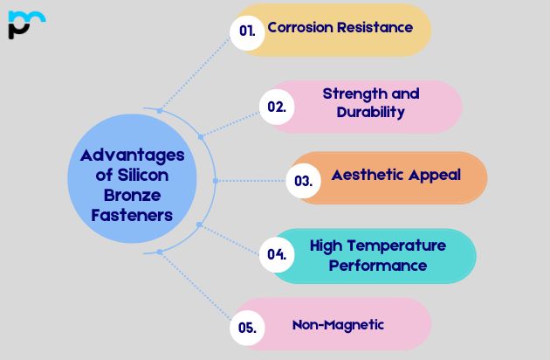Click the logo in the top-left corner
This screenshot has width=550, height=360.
pyautogui.click(x=25, y=24)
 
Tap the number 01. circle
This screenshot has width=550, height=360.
pyautogui.click(x=247, y=31)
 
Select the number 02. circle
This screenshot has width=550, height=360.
pyautogui.click(x=277, y=107)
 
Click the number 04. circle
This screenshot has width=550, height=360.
pyautogui.click(x=277, y=255)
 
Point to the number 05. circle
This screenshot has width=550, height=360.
pyautogui.click(x=247, y=329)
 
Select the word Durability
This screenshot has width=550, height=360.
pyautogui.click(x=370, y=112)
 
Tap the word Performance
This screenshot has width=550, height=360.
pyautogui.click(x=377, y=265)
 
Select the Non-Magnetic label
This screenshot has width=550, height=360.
pyautogui.click(x=338, y=324)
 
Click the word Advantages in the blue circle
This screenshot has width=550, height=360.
pyautogui.click(x=132, y=156)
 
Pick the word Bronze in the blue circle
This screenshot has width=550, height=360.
pyautogui.click(x=132, y=195)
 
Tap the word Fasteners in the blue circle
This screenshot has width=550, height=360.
pyautogui.click(x=132, y=215)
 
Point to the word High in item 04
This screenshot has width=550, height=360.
pyautogui.click(x=326, y=246)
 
